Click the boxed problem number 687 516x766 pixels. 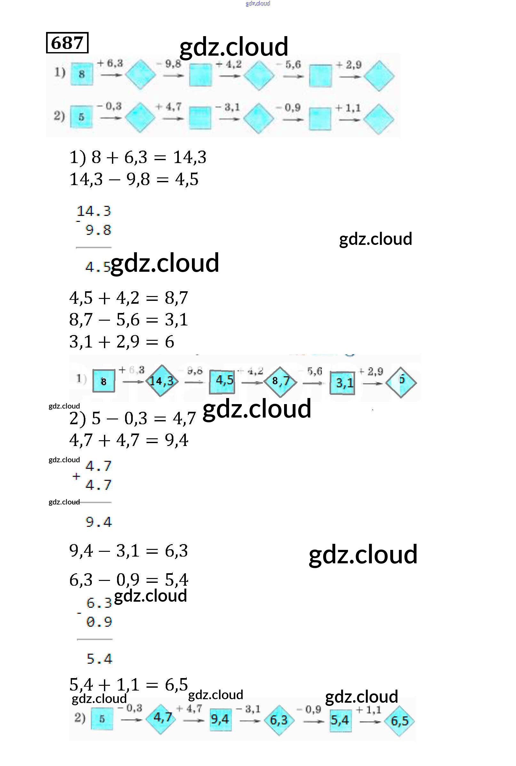pos(67,43)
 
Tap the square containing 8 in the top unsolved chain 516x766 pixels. pos(82,74)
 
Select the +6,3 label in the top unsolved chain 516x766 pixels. pos(110,63)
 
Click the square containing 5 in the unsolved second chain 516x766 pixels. pos(81,117)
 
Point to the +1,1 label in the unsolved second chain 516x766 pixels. pos(348,108)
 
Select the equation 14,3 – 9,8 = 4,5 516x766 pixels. pos(134,180)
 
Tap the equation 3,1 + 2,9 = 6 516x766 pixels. pos(122,342)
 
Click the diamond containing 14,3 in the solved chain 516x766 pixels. pos(161,381)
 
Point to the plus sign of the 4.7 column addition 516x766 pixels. pos(76,476)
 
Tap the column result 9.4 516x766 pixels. pos(99,522)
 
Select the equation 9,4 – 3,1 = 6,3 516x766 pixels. pos(129,551)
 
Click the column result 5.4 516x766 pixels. pos(99,659)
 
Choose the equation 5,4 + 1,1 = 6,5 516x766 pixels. pos(129,685)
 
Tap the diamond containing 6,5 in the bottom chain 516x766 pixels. pos(400,721)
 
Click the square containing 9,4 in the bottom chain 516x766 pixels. pos(220,719)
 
